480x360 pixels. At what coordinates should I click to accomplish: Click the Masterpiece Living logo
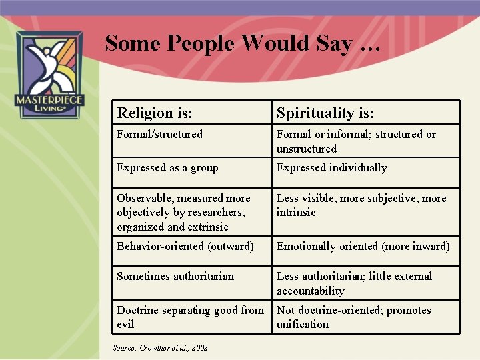pos(49,75)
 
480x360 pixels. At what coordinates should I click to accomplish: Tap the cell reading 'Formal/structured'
pos(159,134)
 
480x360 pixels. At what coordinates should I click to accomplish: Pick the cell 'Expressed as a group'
pos(167,168)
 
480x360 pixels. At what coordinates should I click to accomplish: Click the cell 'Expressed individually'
pos(331,168)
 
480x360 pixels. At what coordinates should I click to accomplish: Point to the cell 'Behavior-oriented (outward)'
pos(185,246)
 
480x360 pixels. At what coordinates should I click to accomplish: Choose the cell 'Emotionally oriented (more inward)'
pos(363,246)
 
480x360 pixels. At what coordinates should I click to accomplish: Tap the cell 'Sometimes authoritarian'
pos(175,276)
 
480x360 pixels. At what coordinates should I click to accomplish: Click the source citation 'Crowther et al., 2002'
pos(160,348)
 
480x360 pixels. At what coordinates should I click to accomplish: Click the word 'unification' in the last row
pos(303,325)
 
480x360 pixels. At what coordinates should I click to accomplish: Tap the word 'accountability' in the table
pos(310,291)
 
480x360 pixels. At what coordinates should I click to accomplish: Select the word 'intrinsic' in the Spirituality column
pos(296,212)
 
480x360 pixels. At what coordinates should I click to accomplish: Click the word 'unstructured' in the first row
pos(307,149)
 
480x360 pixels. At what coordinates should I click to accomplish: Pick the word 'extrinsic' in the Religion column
pos(207,227)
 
